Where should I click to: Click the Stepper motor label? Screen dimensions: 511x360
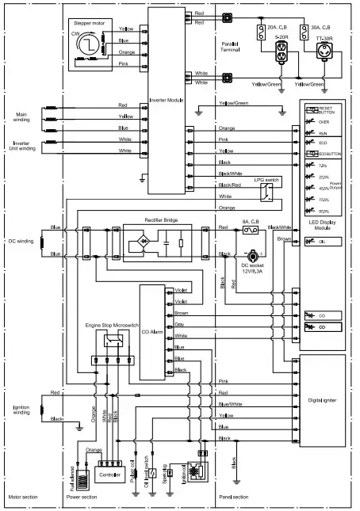(89, 24)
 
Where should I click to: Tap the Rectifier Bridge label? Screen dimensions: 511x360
(165, 219)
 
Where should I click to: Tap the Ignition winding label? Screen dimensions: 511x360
(21, 410)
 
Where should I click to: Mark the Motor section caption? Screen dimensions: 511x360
(22, 497)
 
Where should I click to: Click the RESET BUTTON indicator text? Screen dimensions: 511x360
(327, 110)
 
